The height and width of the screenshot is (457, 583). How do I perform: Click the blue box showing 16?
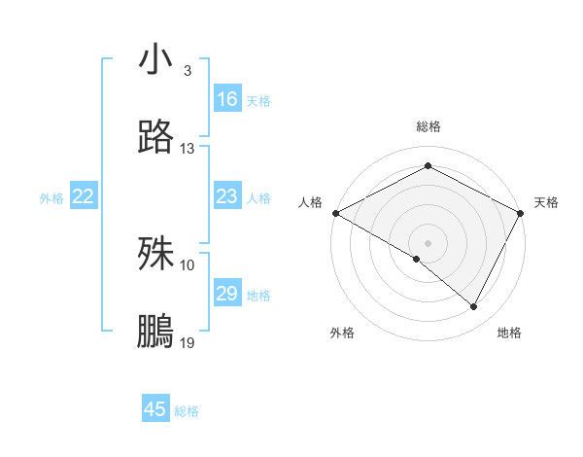[227, 99]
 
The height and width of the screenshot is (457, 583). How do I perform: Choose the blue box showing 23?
[227, 197]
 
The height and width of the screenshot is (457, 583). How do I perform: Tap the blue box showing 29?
[227, 294]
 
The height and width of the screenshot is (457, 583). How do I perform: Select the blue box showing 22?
[84, 197]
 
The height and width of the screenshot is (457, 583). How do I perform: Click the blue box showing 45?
[155, 409]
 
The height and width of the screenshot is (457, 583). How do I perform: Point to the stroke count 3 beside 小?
[187, 71]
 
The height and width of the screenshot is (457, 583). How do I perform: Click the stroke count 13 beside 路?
[188, 149]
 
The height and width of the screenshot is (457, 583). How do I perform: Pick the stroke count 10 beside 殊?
[188, 264]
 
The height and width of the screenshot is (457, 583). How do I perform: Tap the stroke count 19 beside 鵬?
[188, 343]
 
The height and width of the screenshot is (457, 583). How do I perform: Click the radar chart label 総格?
[429, 126]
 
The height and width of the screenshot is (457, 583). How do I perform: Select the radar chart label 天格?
[546, 202]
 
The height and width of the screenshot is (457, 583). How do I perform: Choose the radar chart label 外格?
[342, 333]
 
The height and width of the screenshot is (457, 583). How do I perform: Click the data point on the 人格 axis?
[335, 213]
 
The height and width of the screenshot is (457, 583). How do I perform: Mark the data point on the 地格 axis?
[474, 307]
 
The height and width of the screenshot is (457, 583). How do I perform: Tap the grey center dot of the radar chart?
[429, 242]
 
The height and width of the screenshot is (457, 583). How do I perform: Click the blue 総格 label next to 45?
[187, 411]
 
